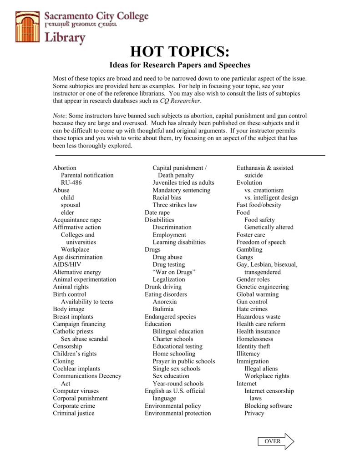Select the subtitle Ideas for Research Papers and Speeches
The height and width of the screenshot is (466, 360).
click(180, 66)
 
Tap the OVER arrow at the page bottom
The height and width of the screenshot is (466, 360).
click(276, 441)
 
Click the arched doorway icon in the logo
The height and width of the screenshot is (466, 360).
click(28, 27)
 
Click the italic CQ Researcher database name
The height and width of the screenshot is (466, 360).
click(180, 101)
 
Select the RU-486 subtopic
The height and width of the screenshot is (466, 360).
click(71, 182)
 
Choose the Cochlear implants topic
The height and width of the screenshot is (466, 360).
click(76, 369)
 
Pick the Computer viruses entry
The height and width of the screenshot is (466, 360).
click(76, 391)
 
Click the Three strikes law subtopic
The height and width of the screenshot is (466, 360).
click(175, 205)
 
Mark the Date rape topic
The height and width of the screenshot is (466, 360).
click(157, 213)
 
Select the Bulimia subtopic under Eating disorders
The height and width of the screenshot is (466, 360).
click(163, 309)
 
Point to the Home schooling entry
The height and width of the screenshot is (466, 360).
click(174, 354)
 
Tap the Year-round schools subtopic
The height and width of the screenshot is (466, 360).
click(178, 384)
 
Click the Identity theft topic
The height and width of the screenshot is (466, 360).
click(253, 346)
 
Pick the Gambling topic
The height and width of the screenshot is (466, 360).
click(249, 249)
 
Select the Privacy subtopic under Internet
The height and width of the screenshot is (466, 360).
click(254, 413)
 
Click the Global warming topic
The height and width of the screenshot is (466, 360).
click(257, 294)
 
